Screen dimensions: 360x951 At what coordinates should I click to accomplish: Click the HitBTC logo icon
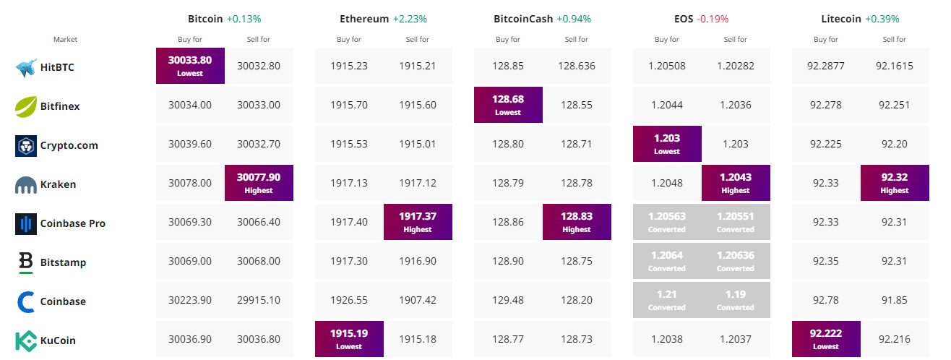click(26, 67)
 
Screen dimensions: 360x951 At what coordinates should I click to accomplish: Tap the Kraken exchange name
click(59, 184)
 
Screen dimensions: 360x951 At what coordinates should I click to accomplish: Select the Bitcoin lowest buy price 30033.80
click(190, 66)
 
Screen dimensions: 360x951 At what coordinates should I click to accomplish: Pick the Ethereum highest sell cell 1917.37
click(418, 222)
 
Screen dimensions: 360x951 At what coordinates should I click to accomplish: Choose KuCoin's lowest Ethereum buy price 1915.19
click(349, 339)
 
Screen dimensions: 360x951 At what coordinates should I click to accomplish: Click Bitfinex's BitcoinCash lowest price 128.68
click(508, 105)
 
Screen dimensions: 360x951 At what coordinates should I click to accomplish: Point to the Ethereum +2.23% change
click(408, 19)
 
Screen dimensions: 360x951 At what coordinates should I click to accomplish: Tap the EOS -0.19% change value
click(713, 19)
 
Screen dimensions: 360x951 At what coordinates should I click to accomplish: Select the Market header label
click(65, 39)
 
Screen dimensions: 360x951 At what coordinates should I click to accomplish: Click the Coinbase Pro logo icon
click(26, 223)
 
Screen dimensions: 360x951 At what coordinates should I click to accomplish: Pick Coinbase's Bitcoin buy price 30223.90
click(190, 301)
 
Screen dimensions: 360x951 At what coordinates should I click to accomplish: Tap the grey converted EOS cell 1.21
click(667, 300)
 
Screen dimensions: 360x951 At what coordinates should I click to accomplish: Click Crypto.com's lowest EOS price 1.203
click(667, 144)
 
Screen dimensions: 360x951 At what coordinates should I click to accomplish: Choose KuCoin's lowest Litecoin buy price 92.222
click(826, 339)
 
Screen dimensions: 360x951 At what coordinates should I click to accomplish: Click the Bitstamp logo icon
click(26, 262)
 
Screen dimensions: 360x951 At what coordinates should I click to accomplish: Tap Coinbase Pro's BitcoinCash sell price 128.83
click(577, 222)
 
